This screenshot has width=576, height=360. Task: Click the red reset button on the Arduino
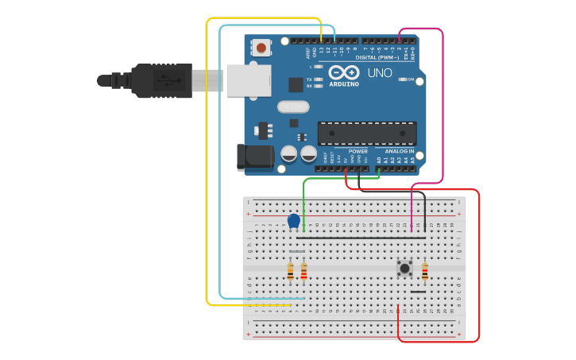(x=261, y=48)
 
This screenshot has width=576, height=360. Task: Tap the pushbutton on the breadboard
(x=404, y=268)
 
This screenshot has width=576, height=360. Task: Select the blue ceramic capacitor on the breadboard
(x=294, y=220)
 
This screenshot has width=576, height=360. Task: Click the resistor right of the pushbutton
(x=425, y=272)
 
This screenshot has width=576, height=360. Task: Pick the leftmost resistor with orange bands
(x=291, y=272)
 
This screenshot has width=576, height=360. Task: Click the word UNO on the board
(x=379, y=73)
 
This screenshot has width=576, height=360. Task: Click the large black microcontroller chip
(x=367, y=133)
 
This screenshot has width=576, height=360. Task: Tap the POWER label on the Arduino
(x=358, y=151)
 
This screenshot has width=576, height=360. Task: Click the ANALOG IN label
(x=399, y=151)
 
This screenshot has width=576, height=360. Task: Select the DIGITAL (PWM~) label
(x=377, y=57)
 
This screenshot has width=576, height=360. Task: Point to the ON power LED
(x=404, y=79)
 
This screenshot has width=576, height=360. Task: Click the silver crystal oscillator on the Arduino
(x=292, y=106)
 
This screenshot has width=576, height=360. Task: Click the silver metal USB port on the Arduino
(x=248, y=80)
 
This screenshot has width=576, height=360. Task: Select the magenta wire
(x=442, y=103)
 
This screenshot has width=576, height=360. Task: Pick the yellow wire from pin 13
(x=207, y=159)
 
